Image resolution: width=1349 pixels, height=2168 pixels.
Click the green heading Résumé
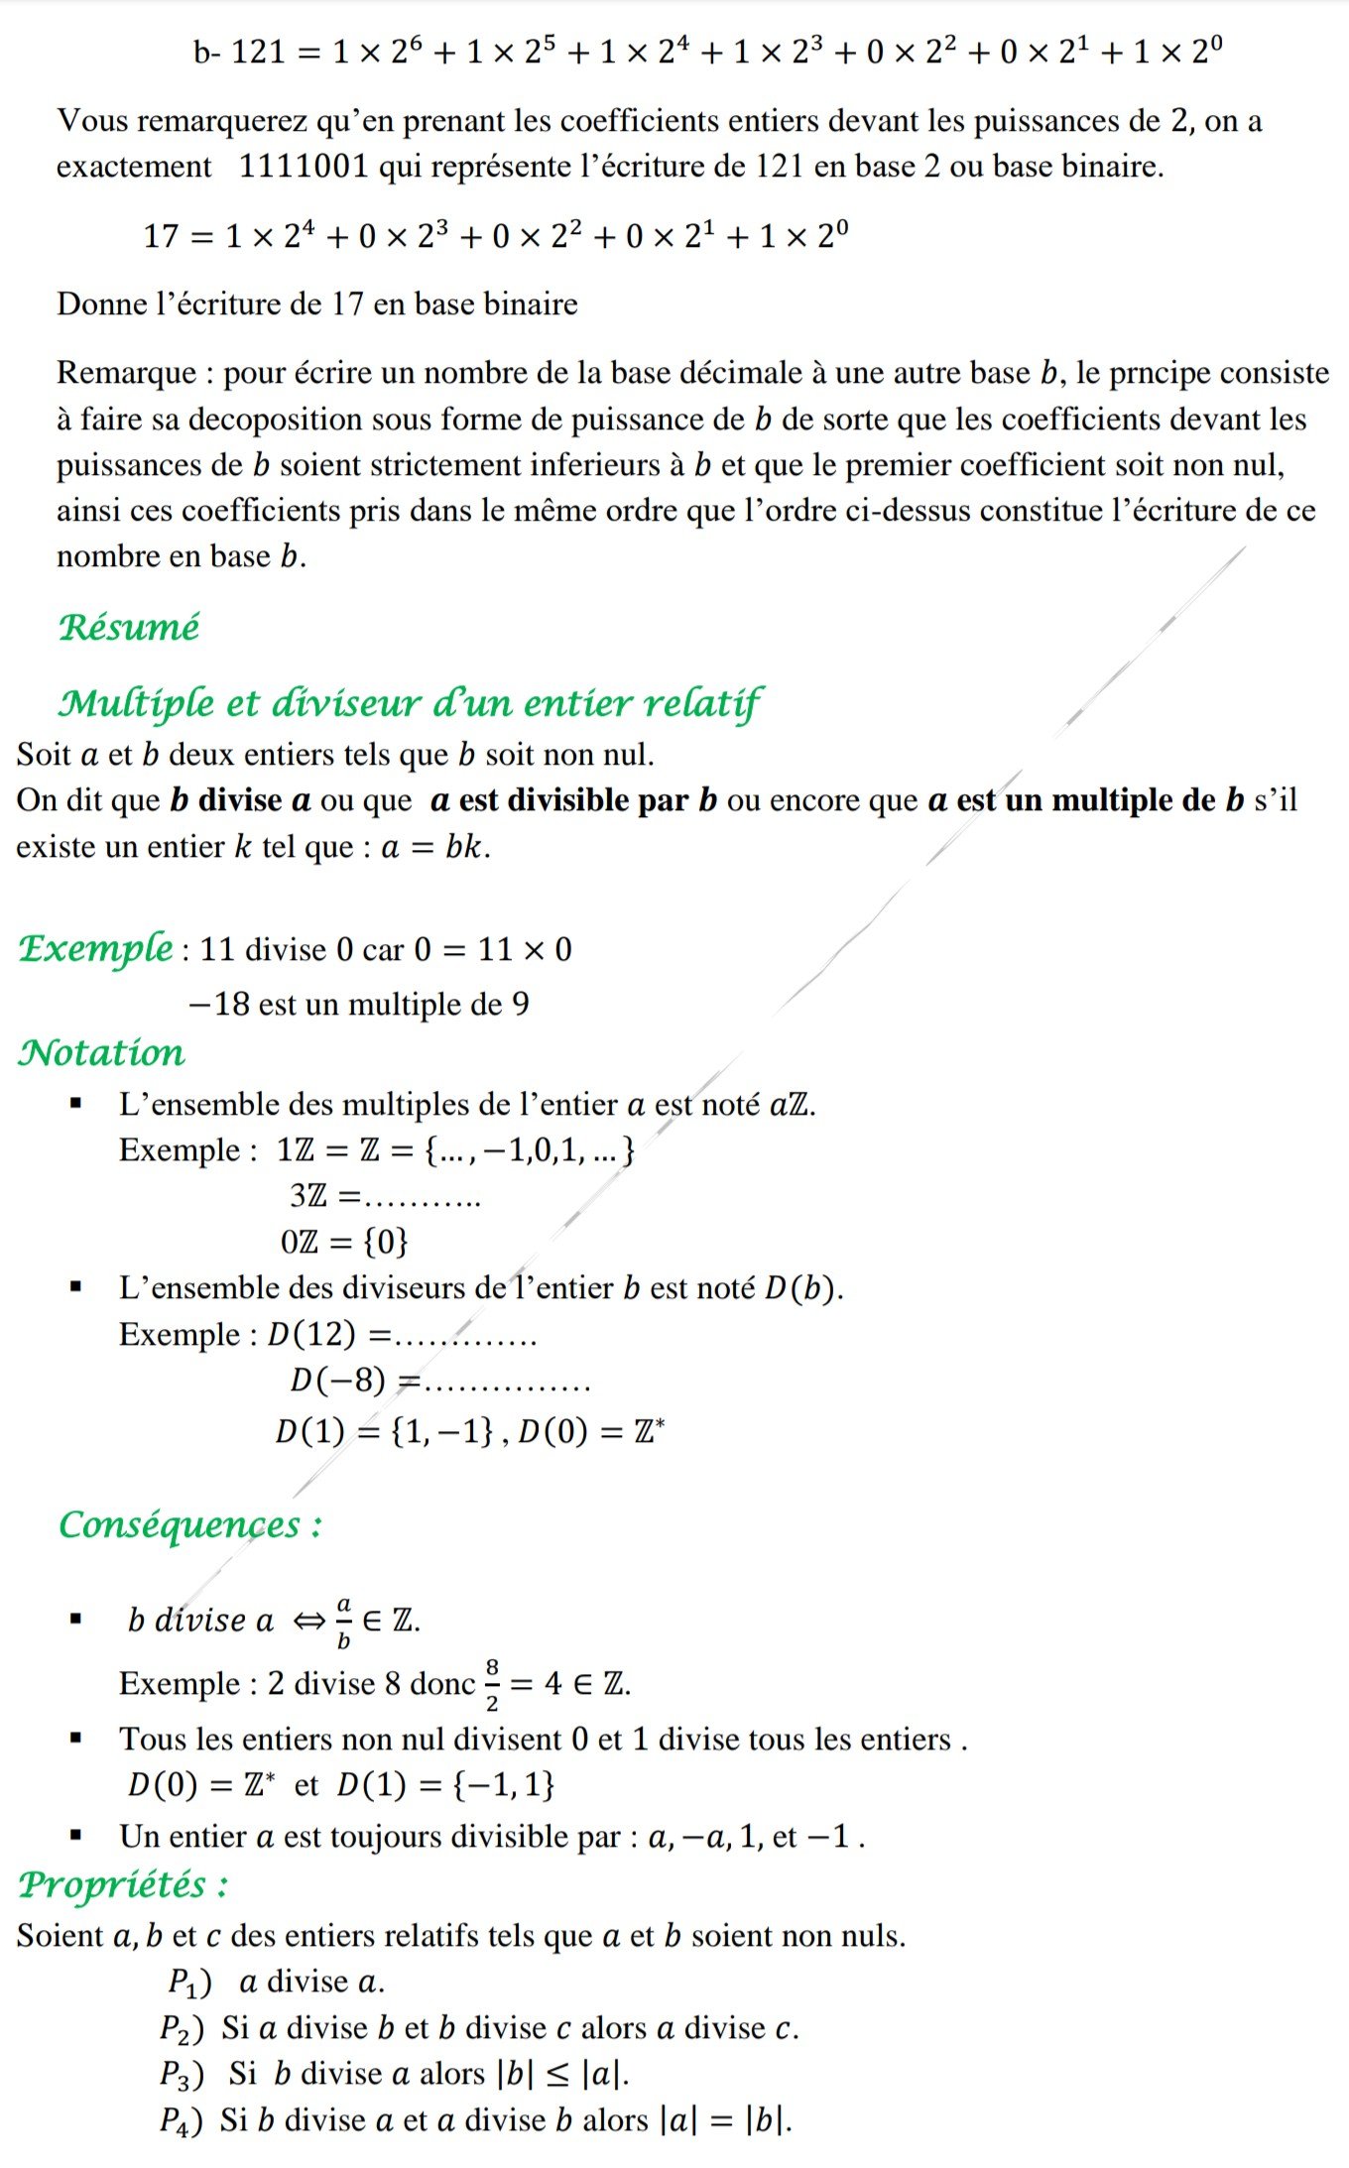coord(129,627)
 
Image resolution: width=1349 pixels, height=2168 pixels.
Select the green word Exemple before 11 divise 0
coord(96,949)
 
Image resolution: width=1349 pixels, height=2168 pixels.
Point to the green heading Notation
coord(101,1052)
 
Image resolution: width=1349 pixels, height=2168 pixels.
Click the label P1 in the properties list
coord(188,1982)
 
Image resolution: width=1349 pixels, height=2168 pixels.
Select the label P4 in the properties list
coord(181,2120)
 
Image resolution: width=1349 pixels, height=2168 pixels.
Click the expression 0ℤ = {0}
coord(344,1242)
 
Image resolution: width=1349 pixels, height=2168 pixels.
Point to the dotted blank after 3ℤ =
coord(424,1199)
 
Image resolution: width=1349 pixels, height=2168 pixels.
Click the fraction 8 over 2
coord(492,1684)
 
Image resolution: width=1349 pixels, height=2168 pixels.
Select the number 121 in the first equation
coord(258,52)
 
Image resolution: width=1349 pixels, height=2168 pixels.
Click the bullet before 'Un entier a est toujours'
coord(75,1836)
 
